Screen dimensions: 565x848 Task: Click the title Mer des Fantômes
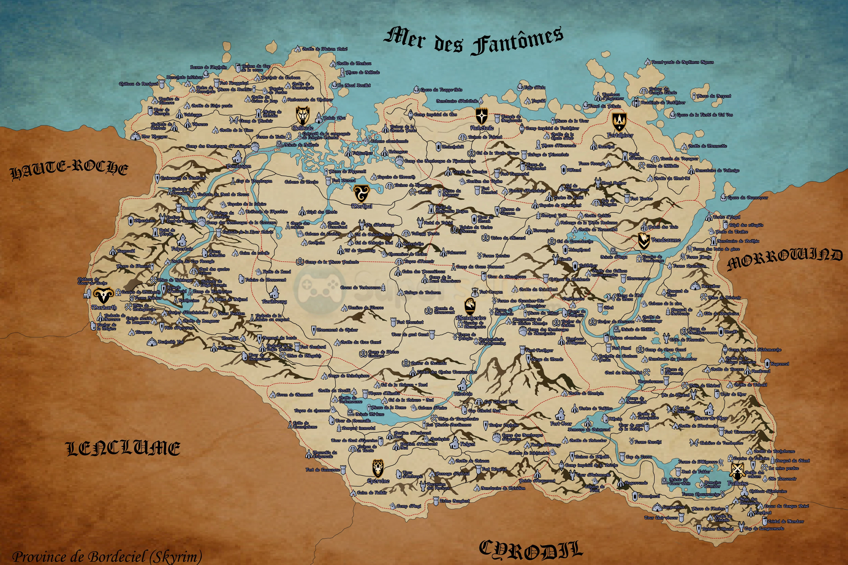473,41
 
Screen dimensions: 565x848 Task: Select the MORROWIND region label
784,259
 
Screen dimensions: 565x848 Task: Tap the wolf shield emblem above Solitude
302,115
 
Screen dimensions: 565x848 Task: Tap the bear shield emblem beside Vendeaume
644,240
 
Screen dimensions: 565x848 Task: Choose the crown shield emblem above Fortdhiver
619,122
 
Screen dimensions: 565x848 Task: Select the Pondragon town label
239,166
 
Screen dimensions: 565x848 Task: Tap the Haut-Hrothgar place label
539,350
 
